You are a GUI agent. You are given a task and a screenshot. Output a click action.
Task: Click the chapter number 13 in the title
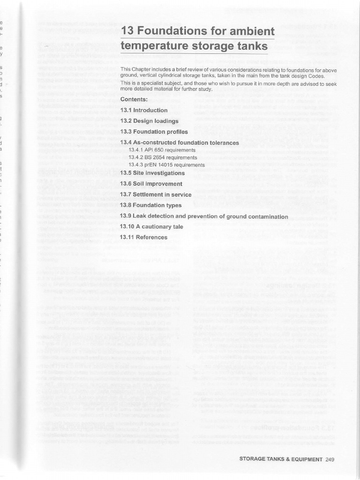127,31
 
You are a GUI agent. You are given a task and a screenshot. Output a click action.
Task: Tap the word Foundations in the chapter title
173,31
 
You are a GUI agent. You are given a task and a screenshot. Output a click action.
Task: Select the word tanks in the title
251,46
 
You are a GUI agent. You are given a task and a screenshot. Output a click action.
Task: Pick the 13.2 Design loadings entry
149,121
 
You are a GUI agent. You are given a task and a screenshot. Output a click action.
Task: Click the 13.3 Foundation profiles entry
154,132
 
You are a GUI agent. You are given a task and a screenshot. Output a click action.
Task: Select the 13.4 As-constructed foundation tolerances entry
179,142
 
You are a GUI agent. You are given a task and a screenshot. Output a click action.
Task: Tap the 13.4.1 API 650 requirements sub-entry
162,150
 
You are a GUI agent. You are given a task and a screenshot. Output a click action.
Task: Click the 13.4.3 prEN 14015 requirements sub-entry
166,165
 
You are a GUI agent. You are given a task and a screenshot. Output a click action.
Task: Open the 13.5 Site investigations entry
152,173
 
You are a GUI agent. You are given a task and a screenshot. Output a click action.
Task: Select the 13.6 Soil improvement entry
151,184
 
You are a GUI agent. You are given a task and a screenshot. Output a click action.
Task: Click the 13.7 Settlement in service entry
156,195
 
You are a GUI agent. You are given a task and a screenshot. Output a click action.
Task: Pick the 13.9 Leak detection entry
204,217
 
